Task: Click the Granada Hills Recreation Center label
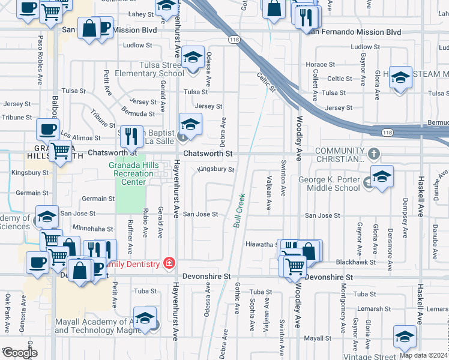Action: pos(130,173)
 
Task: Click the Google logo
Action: pos(20,353)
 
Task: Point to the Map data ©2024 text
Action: pos(424,355)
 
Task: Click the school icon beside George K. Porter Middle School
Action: pos(381,177)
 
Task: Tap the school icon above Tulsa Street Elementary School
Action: pos(192,58)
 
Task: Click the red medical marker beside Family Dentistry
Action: pos(170,263)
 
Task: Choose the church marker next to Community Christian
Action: pos(375,154)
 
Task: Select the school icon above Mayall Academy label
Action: pos(145,318)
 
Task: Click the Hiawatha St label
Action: pos(261,244)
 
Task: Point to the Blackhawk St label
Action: pos(355,262)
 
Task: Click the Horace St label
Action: pos(320,64)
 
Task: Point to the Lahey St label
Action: pos(141,13)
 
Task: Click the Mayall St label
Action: pos(313,338)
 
